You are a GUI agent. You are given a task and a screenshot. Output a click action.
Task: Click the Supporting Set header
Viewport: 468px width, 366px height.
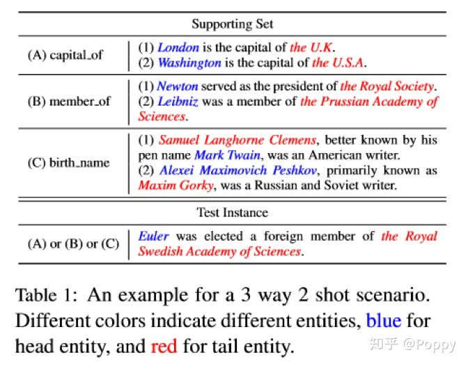233,24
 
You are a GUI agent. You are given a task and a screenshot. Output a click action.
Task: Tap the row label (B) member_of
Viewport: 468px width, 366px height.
68,101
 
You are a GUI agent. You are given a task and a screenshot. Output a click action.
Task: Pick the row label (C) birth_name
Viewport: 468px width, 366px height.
68,163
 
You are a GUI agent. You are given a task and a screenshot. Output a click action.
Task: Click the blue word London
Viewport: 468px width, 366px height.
178,47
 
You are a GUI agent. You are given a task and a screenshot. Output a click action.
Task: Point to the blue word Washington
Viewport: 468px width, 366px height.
189,63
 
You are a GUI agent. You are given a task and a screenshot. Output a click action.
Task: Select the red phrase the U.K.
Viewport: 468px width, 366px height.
312,47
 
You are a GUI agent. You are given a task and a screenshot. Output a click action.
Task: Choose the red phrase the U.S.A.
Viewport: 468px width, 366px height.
338,63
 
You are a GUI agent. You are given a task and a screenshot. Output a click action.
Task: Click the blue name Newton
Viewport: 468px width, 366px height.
178,86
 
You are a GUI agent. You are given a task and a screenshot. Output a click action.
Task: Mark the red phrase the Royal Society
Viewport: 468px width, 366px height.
387,86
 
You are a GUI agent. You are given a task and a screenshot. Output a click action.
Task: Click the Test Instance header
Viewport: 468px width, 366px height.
233,212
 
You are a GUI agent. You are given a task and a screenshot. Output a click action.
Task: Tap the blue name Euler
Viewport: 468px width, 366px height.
153,236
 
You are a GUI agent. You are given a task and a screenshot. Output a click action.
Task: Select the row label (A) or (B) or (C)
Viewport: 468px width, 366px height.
72,244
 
